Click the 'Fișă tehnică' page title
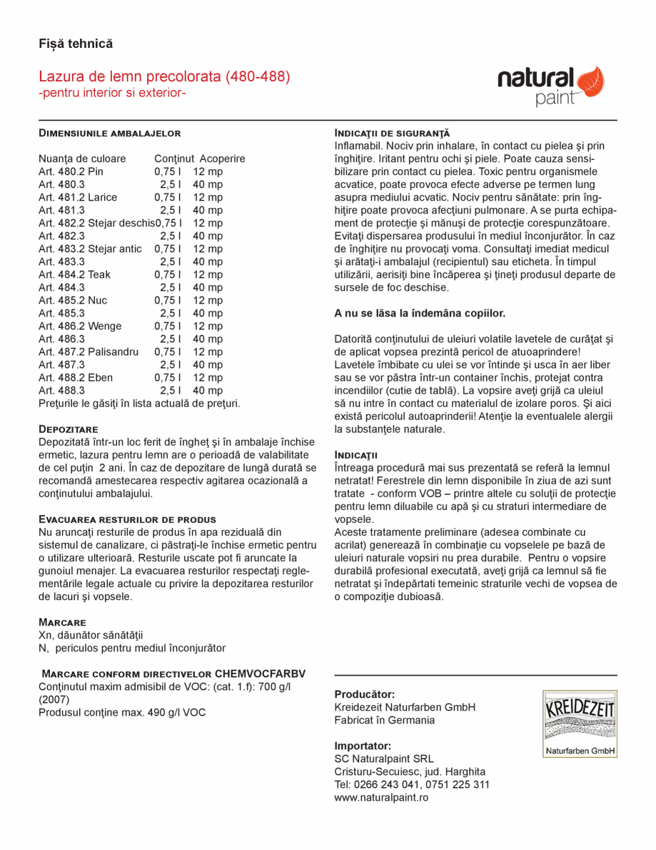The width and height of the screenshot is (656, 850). [76, 44]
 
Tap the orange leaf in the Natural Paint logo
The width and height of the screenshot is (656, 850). [590, 80]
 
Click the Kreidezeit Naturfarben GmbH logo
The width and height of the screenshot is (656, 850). [579, 724]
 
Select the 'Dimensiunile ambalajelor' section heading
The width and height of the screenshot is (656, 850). [109, 133]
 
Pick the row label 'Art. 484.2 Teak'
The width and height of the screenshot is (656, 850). [74, 274]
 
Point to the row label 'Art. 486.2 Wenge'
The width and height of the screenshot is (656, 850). [80, 326]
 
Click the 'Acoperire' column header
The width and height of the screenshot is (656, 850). [222, 159]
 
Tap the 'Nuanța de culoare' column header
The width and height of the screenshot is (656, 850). [82, 159]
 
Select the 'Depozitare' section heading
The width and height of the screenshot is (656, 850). [69, 429]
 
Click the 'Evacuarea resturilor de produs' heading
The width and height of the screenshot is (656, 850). [127, 519]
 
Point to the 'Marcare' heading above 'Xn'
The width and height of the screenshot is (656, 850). [62, 622]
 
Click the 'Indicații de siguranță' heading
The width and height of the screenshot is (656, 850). [392, 133]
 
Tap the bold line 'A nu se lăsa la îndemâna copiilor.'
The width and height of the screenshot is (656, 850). [420, 313]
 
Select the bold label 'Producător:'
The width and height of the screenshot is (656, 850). [364, 694]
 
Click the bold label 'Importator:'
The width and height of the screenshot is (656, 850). [363, 746]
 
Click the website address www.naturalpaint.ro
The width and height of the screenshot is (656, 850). [381, 797]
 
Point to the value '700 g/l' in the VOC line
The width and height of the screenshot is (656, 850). [273, 686]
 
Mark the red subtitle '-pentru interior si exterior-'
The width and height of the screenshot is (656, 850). [112, 94]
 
